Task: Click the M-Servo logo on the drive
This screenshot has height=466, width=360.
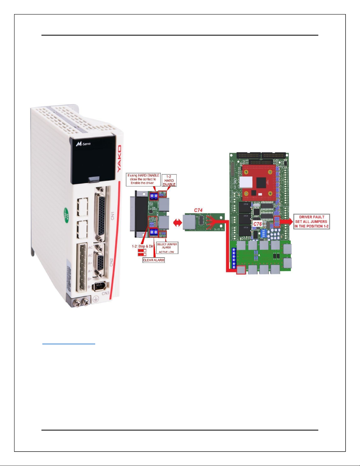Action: (83, 144)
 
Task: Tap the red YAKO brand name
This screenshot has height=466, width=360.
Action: (119, 159)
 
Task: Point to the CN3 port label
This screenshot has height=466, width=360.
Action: (106, 293)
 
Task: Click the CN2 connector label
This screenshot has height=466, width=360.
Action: (111, 262)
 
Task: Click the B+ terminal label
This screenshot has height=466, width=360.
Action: (90, 279)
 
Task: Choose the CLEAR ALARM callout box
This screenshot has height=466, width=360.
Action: (154, 260)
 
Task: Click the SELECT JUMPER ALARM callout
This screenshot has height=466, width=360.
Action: (167, 248)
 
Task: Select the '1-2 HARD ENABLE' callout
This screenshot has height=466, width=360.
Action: (169, 181)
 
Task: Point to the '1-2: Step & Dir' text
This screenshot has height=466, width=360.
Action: (143, 246)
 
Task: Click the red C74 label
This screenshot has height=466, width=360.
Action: (198, 210)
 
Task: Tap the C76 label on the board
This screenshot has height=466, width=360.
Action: (257, 224)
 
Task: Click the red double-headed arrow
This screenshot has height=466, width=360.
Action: (178, 223)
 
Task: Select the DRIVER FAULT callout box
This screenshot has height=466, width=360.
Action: (312, 222)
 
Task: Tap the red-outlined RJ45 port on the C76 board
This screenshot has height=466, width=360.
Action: (241, 270)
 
